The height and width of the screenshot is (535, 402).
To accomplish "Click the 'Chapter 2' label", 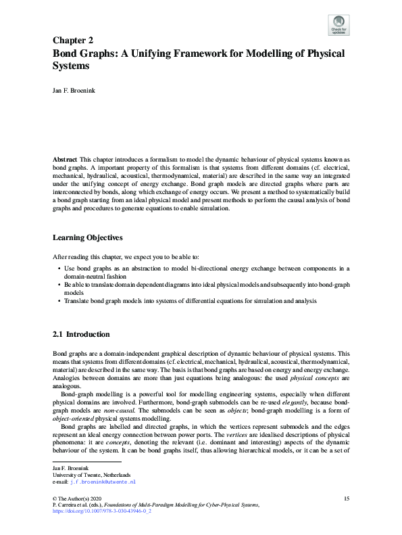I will [x=72, y=40].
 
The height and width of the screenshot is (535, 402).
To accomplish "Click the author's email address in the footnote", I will [x=104, y=463].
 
